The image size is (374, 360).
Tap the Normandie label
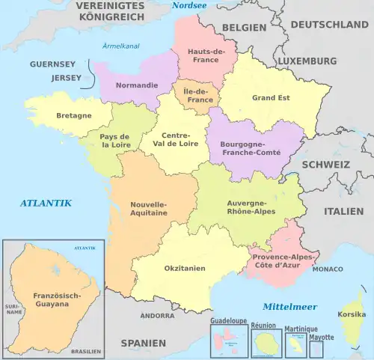tap(137, 85)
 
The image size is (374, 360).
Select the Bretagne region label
tap(74, 115)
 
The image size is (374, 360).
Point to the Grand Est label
tap(271, 97)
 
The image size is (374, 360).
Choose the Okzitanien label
tap(185, 268)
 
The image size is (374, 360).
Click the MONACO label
tap(328, 268)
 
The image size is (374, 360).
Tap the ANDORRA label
tap(157, 316)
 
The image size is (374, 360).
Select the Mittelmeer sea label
tap(289, 306)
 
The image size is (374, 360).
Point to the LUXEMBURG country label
tap(307, 60)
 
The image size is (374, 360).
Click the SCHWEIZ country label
tap(325, 164)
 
